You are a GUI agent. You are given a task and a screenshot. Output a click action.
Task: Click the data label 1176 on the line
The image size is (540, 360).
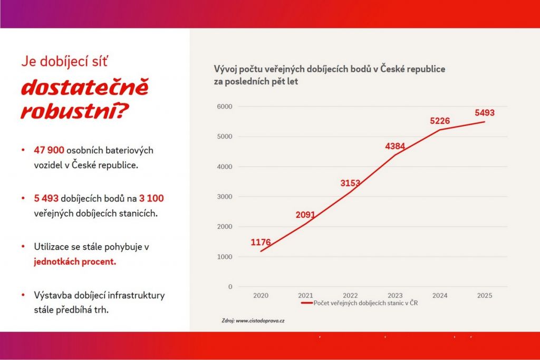pos(261,242)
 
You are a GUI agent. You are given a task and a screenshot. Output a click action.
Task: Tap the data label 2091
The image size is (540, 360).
pos(305,215)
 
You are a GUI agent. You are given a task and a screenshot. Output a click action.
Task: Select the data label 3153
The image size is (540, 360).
pos(350,183)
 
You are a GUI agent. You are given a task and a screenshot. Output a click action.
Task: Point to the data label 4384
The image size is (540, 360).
pos(395,147)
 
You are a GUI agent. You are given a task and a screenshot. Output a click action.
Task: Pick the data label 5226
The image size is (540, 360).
pos(440,121)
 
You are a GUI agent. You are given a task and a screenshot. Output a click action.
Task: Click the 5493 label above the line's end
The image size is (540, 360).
pos(485,113)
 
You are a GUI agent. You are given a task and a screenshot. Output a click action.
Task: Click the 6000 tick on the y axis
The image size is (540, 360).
pos(225,106)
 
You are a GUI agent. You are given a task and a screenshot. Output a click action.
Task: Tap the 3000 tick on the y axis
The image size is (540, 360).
pos(225,197)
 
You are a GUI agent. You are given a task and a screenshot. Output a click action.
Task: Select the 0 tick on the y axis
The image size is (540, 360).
pos(230,287)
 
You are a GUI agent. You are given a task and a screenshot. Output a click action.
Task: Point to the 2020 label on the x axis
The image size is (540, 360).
pos(261,296)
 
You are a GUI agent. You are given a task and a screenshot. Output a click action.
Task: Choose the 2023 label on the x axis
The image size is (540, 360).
pos(395,296)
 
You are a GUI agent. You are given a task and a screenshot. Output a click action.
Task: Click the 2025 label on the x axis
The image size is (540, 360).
pos(485,296)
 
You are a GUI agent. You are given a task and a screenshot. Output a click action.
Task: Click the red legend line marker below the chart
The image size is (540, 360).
pos(306,304)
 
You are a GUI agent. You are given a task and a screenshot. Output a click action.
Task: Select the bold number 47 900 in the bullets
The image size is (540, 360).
pos(49,150)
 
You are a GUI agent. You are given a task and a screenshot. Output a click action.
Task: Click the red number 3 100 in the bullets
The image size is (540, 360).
pos(152,199)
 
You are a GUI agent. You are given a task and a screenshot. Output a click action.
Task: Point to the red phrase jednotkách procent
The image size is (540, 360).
pos(75,262)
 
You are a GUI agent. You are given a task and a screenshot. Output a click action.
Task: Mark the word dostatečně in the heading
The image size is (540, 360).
pos(85,88)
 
